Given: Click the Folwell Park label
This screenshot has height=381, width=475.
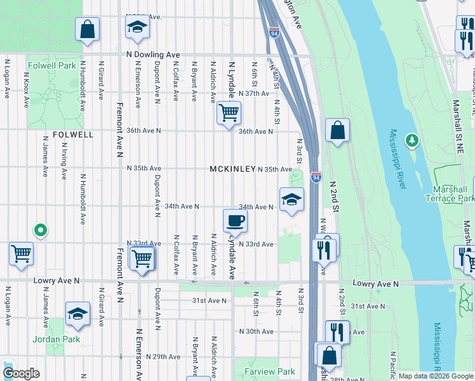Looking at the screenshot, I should click(x=52, y=65).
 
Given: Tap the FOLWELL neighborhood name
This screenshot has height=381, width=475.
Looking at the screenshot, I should click(x=73, y=135).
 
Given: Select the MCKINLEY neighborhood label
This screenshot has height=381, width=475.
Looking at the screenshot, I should click(x=232, y=170).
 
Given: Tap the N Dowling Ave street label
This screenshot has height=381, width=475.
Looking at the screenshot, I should click(x=153, y=55).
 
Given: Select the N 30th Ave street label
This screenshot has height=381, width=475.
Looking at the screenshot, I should click(x=256, y=331).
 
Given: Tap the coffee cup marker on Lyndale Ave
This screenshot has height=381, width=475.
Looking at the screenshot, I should click(x=235, y=220).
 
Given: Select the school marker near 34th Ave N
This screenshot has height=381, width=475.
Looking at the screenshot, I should click(x=291, y=199).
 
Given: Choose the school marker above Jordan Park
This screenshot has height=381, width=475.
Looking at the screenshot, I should click(x=77, y=313).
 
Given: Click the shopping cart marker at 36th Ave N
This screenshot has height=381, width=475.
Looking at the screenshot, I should click(x=229, y=113).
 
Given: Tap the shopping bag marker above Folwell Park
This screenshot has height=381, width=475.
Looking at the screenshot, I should click(x=87, y=29).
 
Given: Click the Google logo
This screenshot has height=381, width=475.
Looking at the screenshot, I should click(x=21, y=373).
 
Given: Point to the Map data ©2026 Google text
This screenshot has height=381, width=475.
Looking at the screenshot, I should click(x=436, y=376).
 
